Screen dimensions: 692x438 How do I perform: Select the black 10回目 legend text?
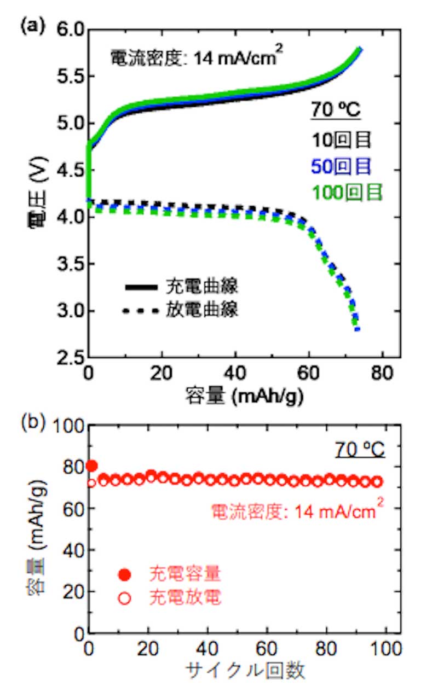[x=342, y=140]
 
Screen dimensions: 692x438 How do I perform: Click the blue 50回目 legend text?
[x=342, y=166]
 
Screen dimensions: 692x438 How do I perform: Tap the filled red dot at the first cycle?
[x=92, y=466]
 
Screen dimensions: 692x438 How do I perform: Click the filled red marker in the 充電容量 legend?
[x=125, y=574]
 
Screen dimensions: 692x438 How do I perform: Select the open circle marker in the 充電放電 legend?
[x=125, y=598]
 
